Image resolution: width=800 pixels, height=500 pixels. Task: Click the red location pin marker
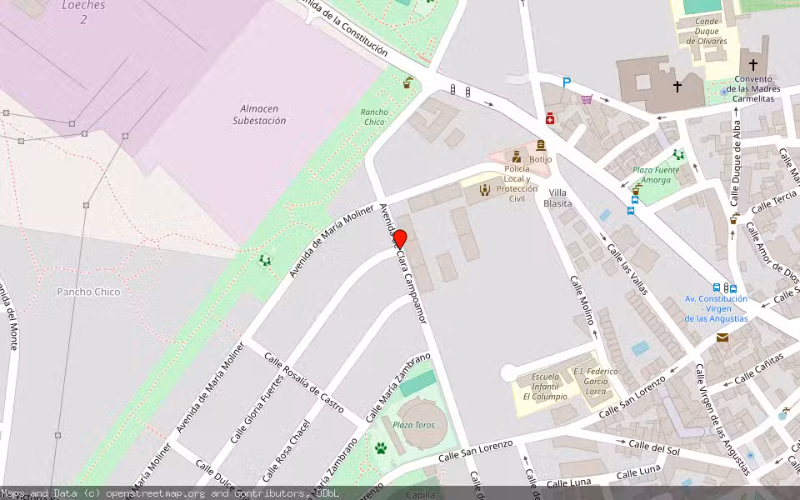[400, 238]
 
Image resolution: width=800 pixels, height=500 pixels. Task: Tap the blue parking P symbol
[567, 82]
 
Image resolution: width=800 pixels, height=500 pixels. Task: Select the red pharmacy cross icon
[550, 119]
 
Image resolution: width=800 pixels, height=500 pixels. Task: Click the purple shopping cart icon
[587, 99]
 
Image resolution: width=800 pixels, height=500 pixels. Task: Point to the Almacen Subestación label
[259, 114]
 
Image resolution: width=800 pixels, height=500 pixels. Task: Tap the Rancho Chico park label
[374, 117]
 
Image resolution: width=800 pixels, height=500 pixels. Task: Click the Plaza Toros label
[414, 425]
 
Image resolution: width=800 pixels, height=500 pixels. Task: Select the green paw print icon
[381, 448]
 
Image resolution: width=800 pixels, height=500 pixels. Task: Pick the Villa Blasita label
[557, 197]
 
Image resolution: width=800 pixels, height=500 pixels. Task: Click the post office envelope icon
[722, 337]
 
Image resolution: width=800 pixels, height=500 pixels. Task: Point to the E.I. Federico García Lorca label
[595, 380]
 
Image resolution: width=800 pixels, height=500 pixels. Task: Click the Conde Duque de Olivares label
[707, 31]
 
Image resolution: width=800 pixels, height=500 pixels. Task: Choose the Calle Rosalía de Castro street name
[303, 382]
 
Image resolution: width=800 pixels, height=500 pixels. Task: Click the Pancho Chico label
[88, 292]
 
